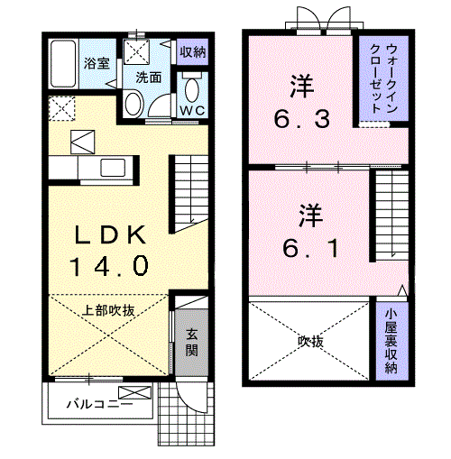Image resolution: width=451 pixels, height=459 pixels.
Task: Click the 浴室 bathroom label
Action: click(97, 63)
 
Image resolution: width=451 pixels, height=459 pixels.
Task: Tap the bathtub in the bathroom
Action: click(63, 64)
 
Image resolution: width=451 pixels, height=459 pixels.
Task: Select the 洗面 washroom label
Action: click(149, 78)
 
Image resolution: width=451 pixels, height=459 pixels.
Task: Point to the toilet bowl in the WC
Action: click(192, 89)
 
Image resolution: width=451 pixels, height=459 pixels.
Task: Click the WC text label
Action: click(192, 111)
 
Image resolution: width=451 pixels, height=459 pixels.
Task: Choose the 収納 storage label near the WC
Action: click(193, 52)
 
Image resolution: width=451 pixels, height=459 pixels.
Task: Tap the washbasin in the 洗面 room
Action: click(133, 104)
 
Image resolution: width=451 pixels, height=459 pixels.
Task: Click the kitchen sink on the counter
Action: click(113, 168)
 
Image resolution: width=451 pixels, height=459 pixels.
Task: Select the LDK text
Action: click(110, 234)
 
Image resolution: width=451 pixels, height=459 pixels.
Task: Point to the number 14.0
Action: click(110, 266)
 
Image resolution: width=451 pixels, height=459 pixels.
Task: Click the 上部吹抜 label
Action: click(108, 310)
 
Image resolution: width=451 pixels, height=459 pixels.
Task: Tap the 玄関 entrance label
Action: click(191, 343)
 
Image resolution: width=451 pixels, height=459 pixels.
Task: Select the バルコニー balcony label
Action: click(99, 404)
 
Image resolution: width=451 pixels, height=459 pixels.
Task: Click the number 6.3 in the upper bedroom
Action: click(302, 118)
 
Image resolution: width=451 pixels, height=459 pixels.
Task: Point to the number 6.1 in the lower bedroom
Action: click(311, 248)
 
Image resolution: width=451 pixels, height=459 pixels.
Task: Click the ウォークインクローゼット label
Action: click(383, 78)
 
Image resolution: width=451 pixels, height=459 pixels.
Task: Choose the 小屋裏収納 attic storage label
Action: click(391, 341)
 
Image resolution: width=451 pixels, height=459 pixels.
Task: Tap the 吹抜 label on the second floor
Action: click(310, 342)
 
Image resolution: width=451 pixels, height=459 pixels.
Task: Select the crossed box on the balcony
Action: click(134, 392)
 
